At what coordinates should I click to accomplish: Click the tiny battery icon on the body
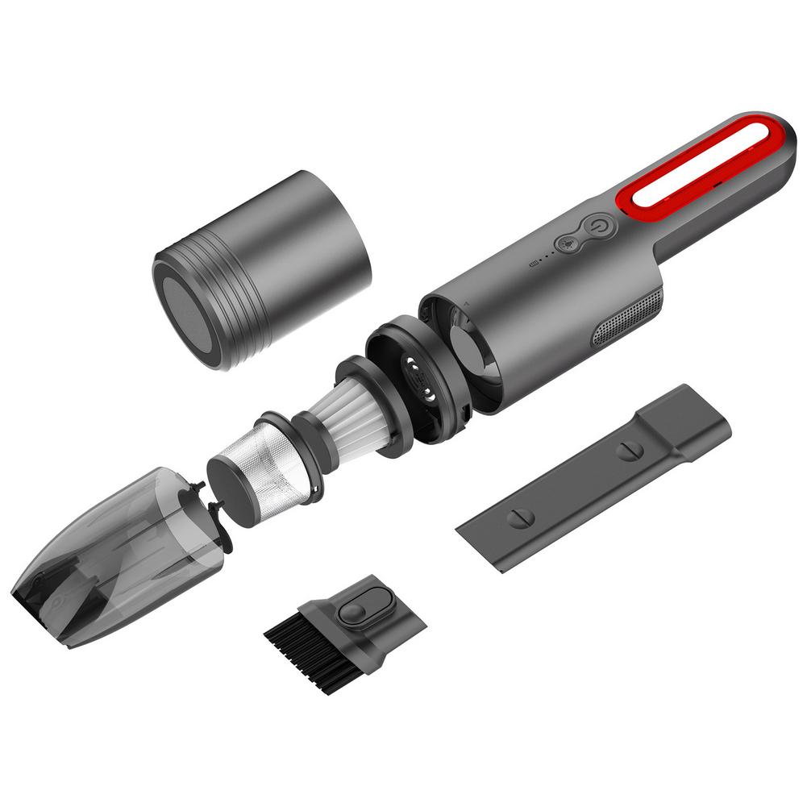tap(532, 264)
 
